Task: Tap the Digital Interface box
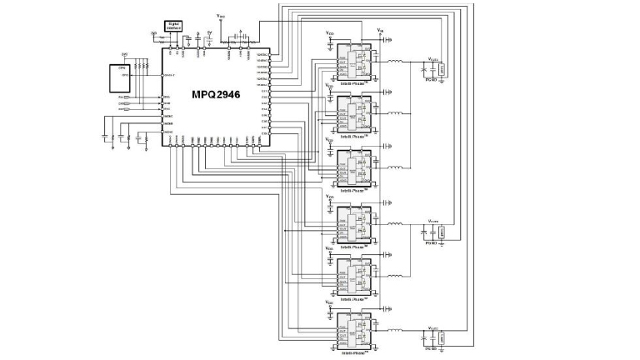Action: (174, 27)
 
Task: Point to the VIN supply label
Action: (381, 31)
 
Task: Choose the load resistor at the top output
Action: (442, 70)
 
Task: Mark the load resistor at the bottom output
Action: (442, 337)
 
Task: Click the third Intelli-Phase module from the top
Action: (355, 166)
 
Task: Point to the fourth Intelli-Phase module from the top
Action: (355, 226)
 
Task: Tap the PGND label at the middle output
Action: (432, 244)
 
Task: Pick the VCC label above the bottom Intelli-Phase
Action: (330, 305)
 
